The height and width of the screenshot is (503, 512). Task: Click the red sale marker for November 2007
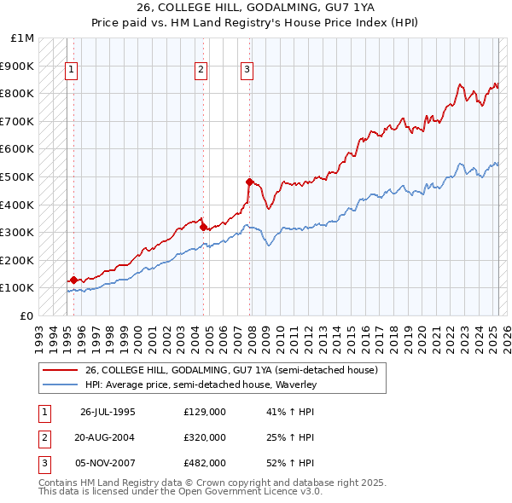click(249, 182)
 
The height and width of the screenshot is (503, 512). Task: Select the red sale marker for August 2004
click(203, 227)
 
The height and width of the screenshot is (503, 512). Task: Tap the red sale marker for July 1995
click(73, 280)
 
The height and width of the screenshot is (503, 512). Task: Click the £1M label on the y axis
click(23, 38)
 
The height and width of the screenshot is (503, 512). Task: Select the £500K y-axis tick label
click(18, 176)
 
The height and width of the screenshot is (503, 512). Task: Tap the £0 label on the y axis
click(27, 315)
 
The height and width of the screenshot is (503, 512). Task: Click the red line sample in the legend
click(61, 370)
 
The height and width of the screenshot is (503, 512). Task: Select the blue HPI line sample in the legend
click(61, 385)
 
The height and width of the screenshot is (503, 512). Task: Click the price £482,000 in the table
click(205, 463)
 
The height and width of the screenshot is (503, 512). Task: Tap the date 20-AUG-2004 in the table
click(103, 437)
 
